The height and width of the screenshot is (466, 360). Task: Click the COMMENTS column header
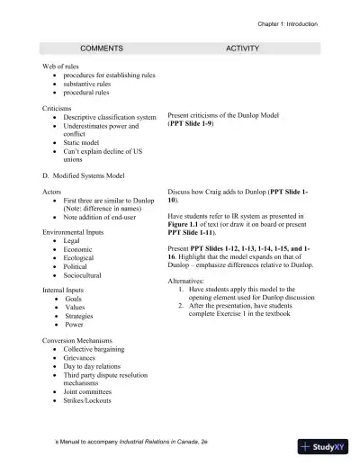[102, 45]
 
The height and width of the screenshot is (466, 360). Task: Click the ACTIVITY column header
[242, 45]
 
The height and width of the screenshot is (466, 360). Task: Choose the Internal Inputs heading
[65, 291]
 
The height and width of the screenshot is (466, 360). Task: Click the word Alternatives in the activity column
[188, 281]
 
